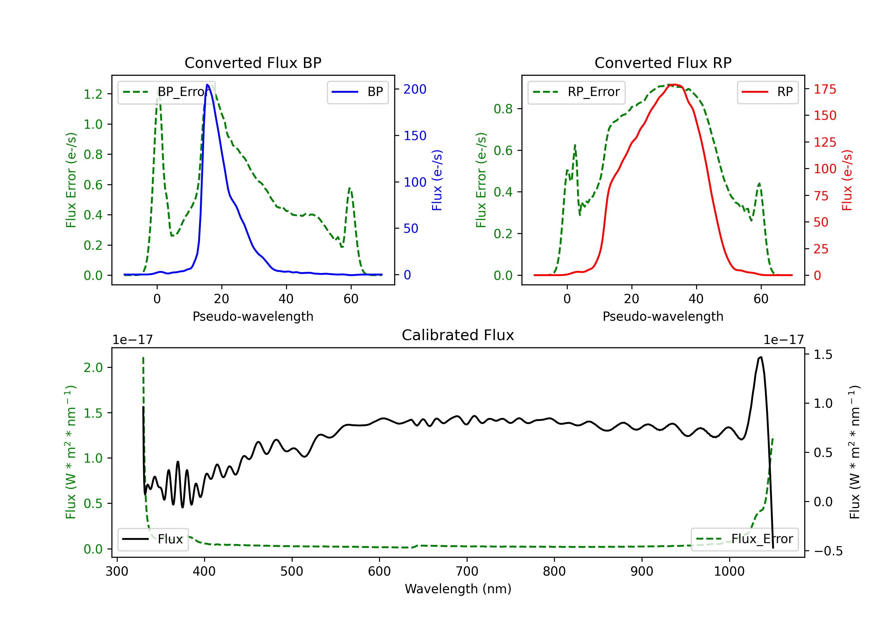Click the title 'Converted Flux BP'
pyautogui.click(x=253, y=63)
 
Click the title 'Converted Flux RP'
pyautogui.click(x=663, y=63)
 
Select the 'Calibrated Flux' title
pyautogui.click(x=458, y=335)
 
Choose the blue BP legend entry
pyautogui.click(x=357, y=92)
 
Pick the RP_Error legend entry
pyautogui.click(x=576, y=92)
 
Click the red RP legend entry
pyautogui.click(x=767, y=92)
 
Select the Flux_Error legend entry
pyautogui.click(x=744, y=539)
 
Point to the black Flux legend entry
pyautogui.click(x=153, y=539)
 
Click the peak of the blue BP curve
pyautogui.click(x=207, y=85)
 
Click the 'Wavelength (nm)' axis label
pyautogui.click(x=458, y=589)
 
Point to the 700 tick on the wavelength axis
pyautogui.click(x=467, y=571)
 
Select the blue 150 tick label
pyautogui.click(x=415, y=136)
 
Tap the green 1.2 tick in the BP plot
pyautogui.click(x=93, y=94)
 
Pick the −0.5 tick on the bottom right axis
pyautogui.click(x=828, y=551)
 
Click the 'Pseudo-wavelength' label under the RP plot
pyautogui.click(x=663, y=316)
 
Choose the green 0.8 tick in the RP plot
pyautogui.click(x=503, y=109)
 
